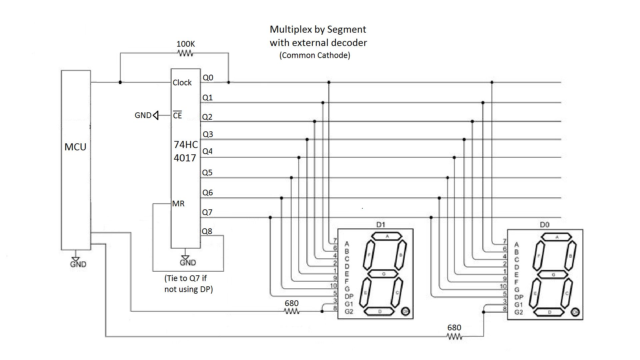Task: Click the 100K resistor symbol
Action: tap(186, 53)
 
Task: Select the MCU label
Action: tap(75, 147)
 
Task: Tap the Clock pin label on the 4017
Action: tap(182, 83)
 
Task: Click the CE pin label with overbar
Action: tap(177, 115)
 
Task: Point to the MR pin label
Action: tap(178, 204)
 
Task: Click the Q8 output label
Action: tap(207, 231)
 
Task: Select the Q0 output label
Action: tap(208, 78)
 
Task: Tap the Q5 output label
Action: tap(207, 173)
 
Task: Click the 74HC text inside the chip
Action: tap(186, 145)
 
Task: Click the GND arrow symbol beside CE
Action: tap(155, 115)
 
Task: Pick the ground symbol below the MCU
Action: tap(76, 259)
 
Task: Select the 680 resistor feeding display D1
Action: tap(292, 311)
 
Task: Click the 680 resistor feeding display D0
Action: tap(454, 337)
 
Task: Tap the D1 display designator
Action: tap(381, 225)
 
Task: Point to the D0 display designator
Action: tap(544, 225)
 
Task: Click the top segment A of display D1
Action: tap(387, 236)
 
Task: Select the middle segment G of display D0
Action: tap(553, 275)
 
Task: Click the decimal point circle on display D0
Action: tap(575, 312)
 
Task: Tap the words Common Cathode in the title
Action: tap(315, 55)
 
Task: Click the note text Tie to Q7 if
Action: tap(185, 278)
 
